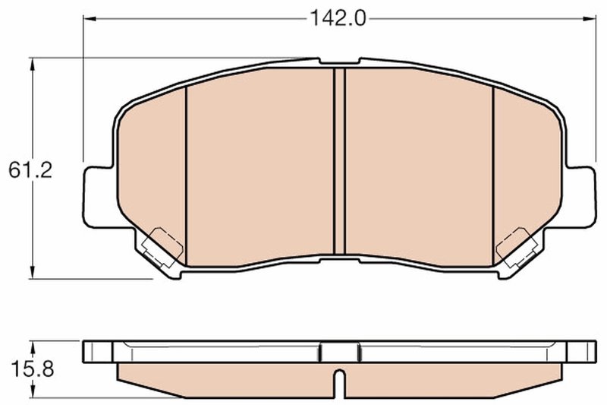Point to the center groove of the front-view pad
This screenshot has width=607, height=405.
tap(339, 160)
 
